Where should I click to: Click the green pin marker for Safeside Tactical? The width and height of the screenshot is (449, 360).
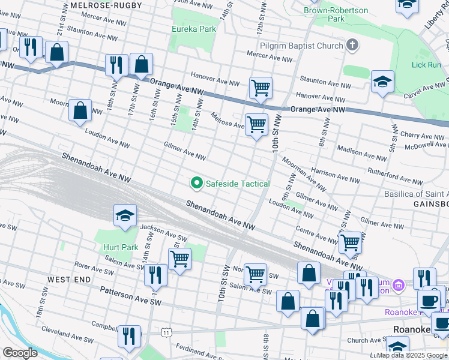tap(196, 182)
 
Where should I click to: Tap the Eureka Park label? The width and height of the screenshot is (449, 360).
tap(193, 29)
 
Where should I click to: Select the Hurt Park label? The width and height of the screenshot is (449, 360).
tap(119, 247)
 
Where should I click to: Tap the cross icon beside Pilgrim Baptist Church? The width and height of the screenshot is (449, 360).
tap(352, 46)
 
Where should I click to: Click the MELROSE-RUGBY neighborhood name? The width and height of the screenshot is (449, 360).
tap(106, 5)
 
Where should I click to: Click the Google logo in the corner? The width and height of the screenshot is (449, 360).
tap(20, 352)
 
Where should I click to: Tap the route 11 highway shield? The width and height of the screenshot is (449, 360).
tap(166, 331)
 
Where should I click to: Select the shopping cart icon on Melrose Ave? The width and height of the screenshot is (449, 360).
tap(256, 125)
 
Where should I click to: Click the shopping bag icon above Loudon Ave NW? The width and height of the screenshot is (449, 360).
tap(80, 111)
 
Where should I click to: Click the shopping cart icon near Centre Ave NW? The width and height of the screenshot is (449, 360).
tap(350, 243)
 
